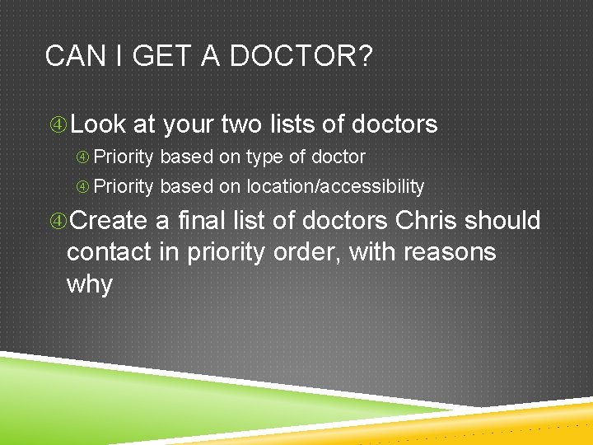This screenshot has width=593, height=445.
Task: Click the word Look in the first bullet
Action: click(x=99, y=124)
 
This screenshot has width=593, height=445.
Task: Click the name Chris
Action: click(x=427, y=221)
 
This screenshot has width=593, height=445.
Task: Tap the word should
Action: click(x=502, y=221)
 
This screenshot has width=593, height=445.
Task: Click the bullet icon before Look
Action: click(x=58, y=125)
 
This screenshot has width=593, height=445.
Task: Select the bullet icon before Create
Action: click(x=58, y=222)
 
